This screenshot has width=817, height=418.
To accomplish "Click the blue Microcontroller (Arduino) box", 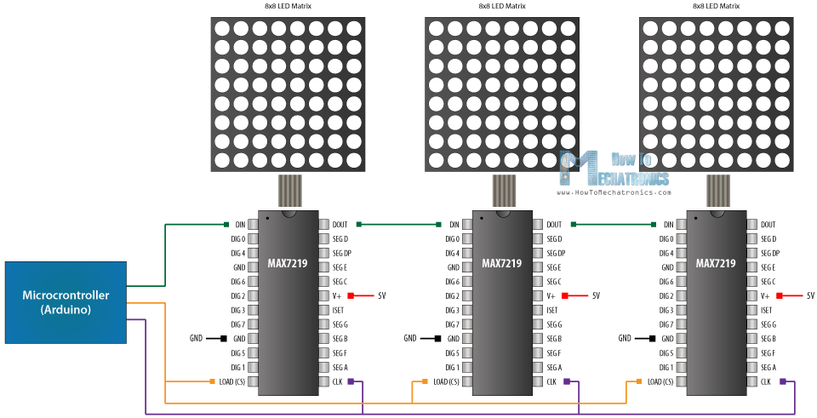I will click(x=66, y=302).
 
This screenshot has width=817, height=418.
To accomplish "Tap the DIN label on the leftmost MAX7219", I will click(x=239, y=225).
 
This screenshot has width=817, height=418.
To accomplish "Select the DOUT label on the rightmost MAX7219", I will click(x=768, y=225).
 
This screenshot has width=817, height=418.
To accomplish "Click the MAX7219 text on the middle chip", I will click(x=502, y=264).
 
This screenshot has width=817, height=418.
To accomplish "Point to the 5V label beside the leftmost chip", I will click(x=381, y=296).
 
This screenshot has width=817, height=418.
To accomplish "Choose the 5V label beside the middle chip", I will click(x=596, y=296).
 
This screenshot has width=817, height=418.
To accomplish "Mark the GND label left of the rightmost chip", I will click(x=625, y=339).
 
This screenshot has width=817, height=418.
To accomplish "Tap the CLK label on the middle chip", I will click(x=552, y=382).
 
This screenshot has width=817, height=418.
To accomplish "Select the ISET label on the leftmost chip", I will click(x=337, y=311).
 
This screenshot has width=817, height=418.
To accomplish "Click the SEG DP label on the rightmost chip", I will click(x=769, y=254).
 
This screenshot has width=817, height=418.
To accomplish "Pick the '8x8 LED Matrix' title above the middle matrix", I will click(x=501, y=6).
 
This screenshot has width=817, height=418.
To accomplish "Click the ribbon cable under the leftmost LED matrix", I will click(x=289, y=191).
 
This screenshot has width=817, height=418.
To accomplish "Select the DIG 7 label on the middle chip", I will click(x=452, y=324).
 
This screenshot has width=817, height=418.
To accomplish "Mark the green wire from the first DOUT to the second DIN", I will click(x=400, y=225).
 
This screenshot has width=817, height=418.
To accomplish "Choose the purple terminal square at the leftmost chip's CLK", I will click(x=361, y=382).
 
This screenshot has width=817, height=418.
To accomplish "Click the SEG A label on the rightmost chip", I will click(x=768, y=368).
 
